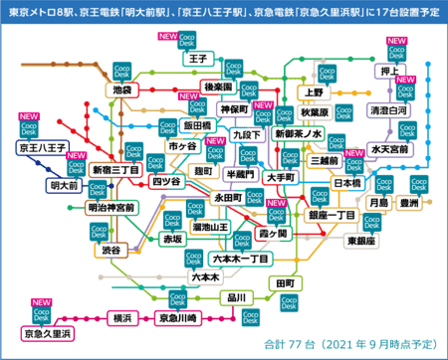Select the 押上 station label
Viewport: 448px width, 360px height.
[x=389, y=72]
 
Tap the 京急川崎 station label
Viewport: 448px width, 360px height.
[x=181, y=318]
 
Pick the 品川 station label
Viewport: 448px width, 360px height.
[x=236, y=297]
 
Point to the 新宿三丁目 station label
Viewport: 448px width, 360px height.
[x=113, y=170]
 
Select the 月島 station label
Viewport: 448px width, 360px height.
[x=377, y=203]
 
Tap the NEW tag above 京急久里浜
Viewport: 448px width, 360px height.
[x=42, y=301]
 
